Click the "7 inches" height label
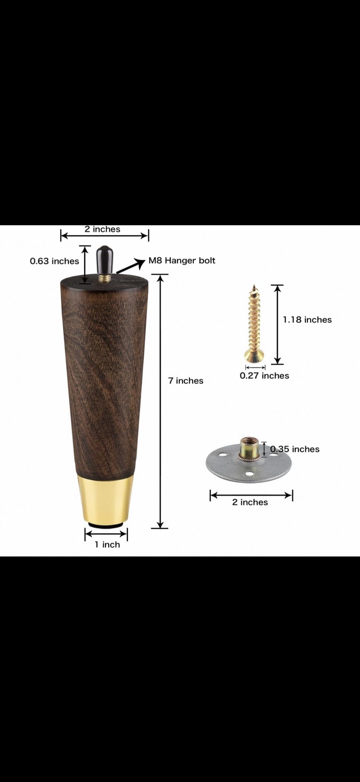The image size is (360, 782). [x=186, y=380]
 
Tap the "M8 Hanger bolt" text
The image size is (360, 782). [x=182, y=261]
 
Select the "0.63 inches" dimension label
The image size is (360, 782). [x=54, y=261]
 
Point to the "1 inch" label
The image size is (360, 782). [x=107, y=545]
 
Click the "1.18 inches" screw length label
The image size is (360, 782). [x=307, y=320]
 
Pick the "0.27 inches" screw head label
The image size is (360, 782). [x=264, y=376]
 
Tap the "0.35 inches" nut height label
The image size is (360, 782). [x=295, y=449]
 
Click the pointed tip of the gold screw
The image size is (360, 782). [x=254, y=288]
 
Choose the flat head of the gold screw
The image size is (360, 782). [x=254, y=357]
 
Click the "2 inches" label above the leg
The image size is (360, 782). [x=102, y=229]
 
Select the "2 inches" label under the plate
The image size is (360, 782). [x=250, y=502]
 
